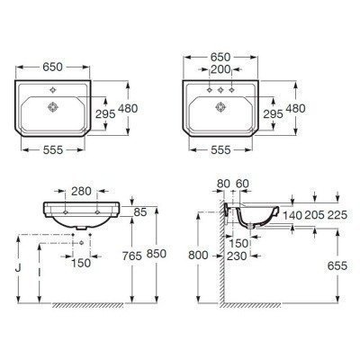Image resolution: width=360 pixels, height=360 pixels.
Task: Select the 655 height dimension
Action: [337, 267]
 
